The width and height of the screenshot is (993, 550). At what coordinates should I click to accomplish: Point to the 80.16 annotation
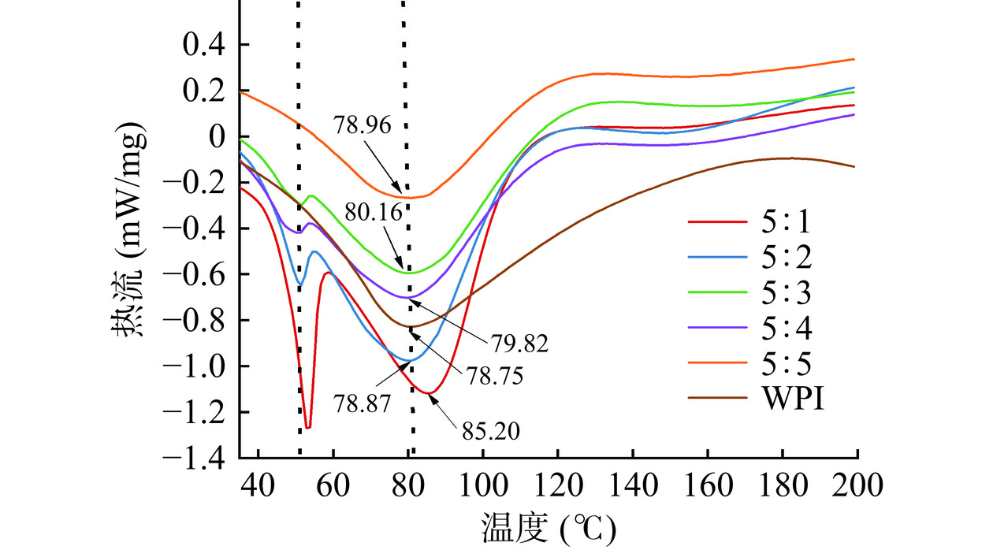374,212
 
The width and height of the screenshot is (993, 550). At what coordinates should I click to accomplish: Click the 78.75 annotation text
494,376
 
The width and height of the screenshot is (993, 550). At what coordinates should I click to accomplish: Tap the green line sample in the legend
717,293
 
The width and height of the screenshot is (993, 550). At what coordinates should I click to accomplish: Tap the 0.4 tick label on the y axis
204,46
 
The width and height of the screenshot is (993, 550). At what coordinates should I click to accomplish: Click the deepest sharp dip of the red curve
308,428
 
